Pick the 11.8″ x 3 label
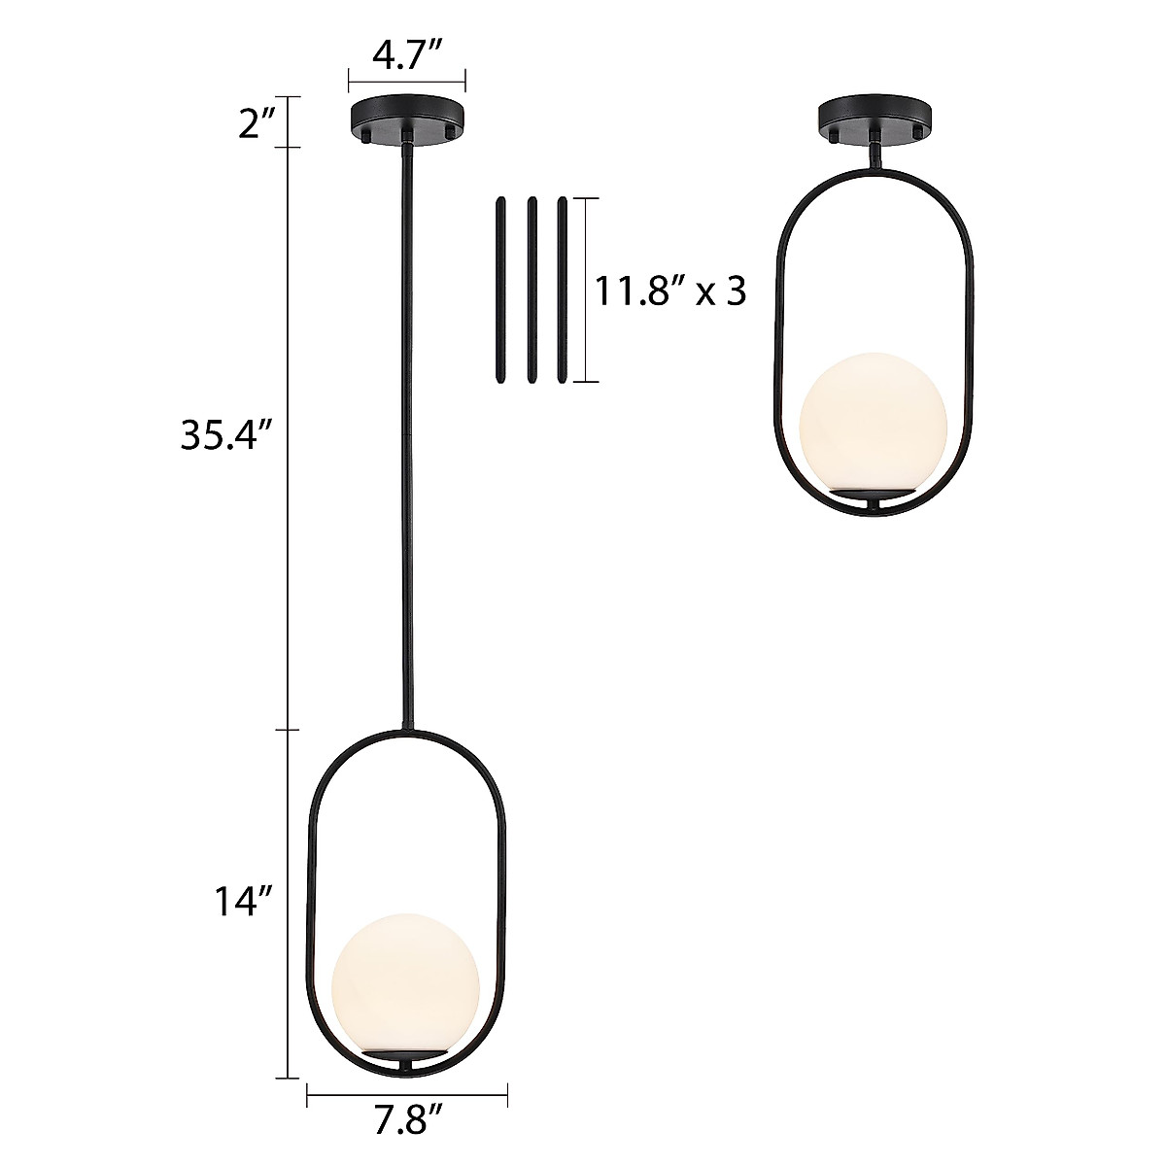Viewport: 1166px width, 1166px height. tap(670, 291)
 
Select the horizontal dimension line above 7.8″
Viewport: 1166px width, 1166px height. tap(407, 1097)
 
